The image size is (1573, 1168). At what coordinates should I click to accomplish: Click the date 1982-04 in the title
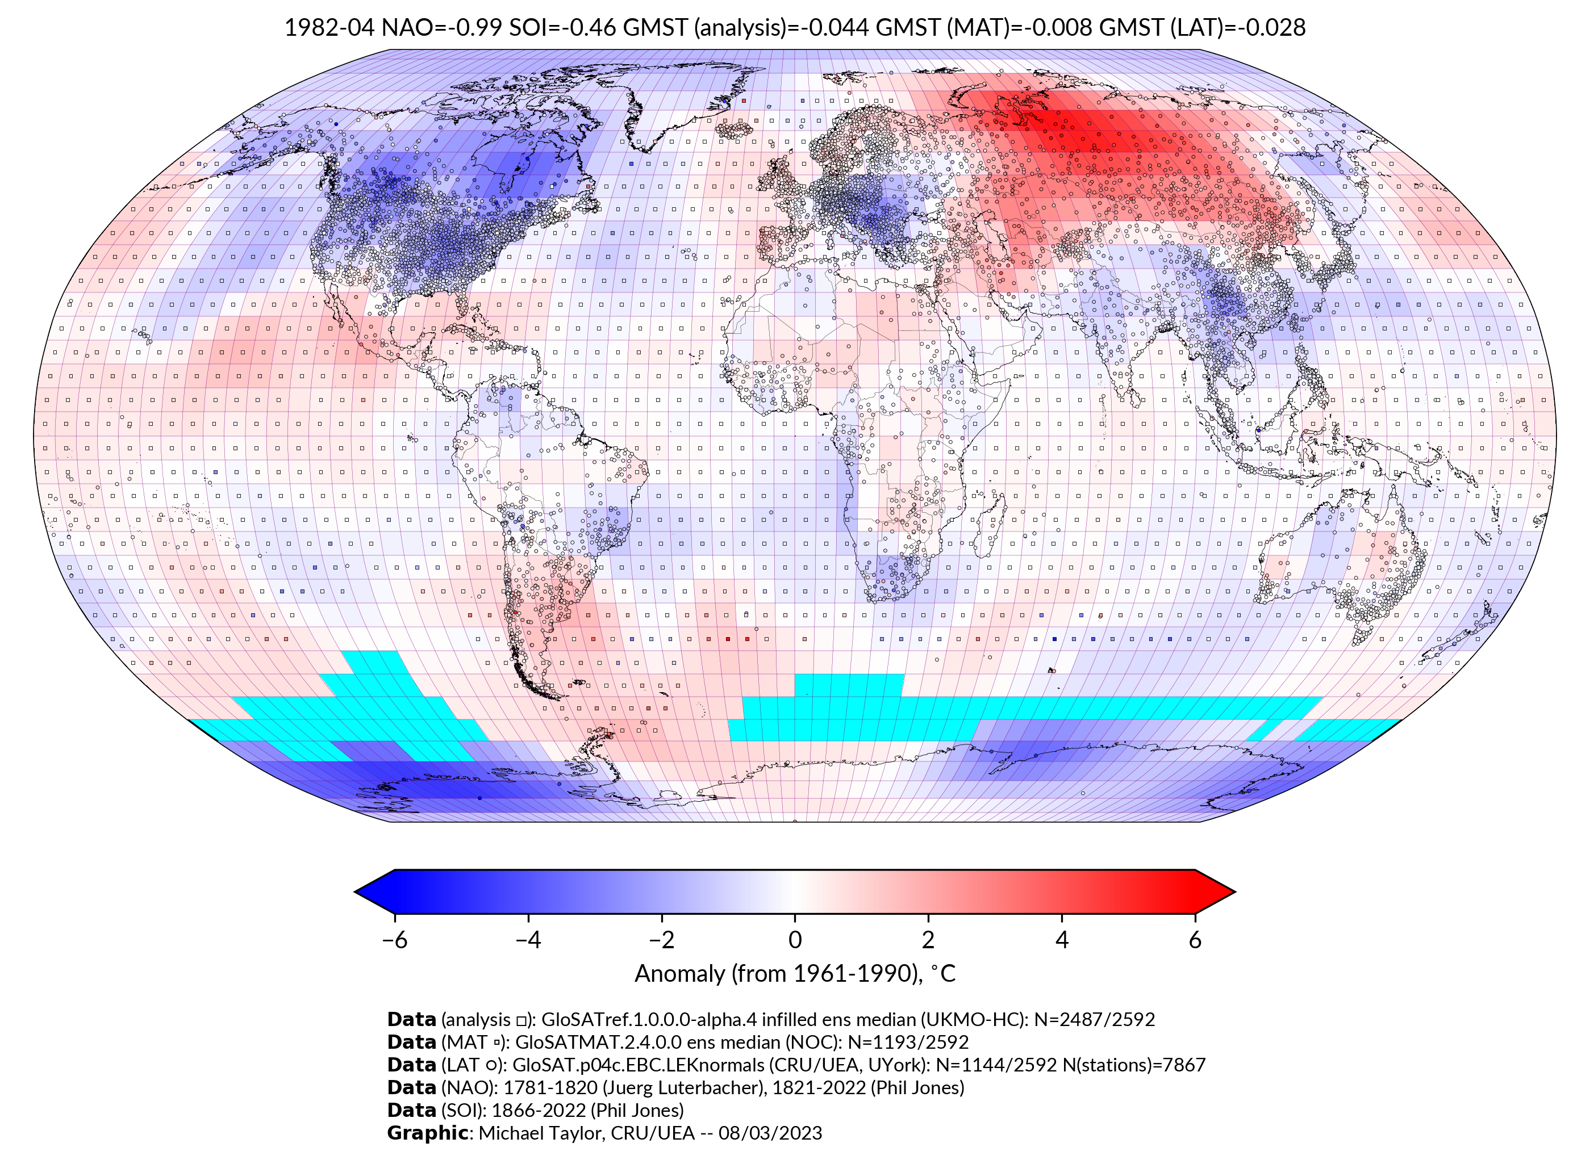point(329,28)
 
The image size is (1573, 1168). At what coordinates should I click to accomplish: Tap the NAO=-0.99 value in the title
point(441,28)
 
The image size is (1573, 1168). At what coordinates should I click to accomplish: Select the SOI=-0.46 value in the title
point(560,28)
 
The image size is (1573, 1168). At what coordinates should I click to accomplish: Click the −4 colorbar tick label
point(528,940)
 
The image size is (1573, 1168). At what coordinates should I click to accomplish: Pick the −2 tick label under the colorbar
point(661,940)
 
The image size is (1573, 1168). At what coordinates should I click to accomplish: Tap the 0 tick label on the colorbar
point(795,940)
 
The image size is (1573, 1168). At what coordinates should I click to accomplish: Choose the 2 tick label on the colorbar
point(928,940)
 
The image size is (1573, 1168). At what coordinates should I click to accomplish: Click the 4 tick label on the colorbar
point(1062,940)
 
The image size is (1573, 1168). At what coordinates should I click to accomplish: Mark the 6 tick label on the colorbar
point(1195,940)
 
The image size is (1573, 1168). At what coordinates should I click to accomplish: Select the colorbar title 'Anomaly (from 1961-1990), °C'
point(795,974)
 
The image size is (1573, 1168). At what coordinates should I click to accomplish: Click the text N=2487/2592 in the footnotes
point(1094,1020)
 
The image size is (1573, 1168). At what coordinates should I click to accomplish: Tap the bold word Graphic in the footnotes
point(427,1133)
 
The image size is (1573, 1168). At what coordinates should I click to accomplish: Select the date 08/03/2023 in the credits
point(770,1133)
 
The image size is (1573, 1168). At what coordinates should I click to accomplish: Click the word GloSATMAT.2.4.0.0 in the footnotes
point(598,1042)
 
